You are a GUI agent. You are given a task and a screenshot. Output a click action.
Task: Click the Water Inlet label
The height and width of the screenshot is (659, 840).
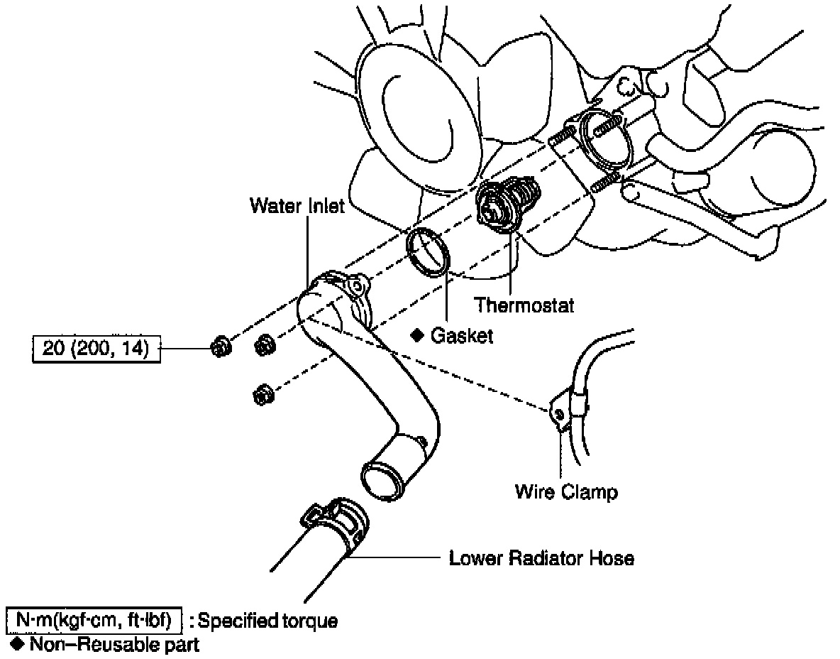tap(297, 206)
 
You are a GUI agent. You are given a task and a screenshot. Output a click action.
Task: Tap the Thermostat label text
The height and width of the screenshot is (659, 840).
tap(524, 305)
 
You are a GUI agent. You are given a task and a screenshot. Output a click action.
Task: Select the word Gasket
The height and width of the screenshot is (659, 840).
tap(461, 336)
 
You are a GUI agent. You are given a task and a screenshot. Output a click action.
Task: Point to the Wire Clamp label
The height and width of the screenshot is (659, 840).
tap(566, 491)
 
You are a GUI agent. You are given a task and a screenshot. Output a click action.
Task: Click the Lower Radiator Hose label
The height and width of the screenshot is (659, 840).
tap(541, 558)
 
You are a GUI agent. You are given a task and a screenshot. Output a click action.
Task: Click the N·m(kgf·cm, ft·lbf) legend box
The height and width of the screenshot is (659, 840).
tap(94, 621)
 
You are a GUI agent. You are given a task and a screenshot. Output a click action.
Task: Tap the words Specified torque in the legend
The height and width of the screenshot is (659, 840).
tap(267, 621)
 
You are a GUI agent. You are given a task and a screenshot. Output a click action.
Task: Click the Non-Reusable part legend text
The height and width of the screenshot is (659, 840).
tap(114, 645)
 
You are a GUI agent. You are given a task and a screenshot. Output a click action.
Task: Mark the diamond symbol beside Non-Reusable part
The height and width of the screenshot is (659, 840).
tap(18, 644)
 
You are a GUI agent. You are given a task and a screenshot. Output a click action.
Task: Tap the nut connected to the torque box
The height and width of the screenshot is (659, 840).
tap(219, 348)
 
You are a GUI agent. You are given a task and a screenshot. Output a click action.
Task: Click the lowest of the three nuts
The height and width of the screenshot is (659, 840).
tap(262, 395)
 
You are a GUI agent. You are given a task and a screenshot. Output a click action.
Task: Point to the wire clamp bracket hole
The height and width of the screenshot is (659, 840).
tap(558, 414)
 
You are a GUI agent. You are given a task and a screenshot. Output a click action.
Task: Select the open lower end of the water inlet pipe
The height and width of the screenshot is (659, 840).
tap(384, 480)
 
